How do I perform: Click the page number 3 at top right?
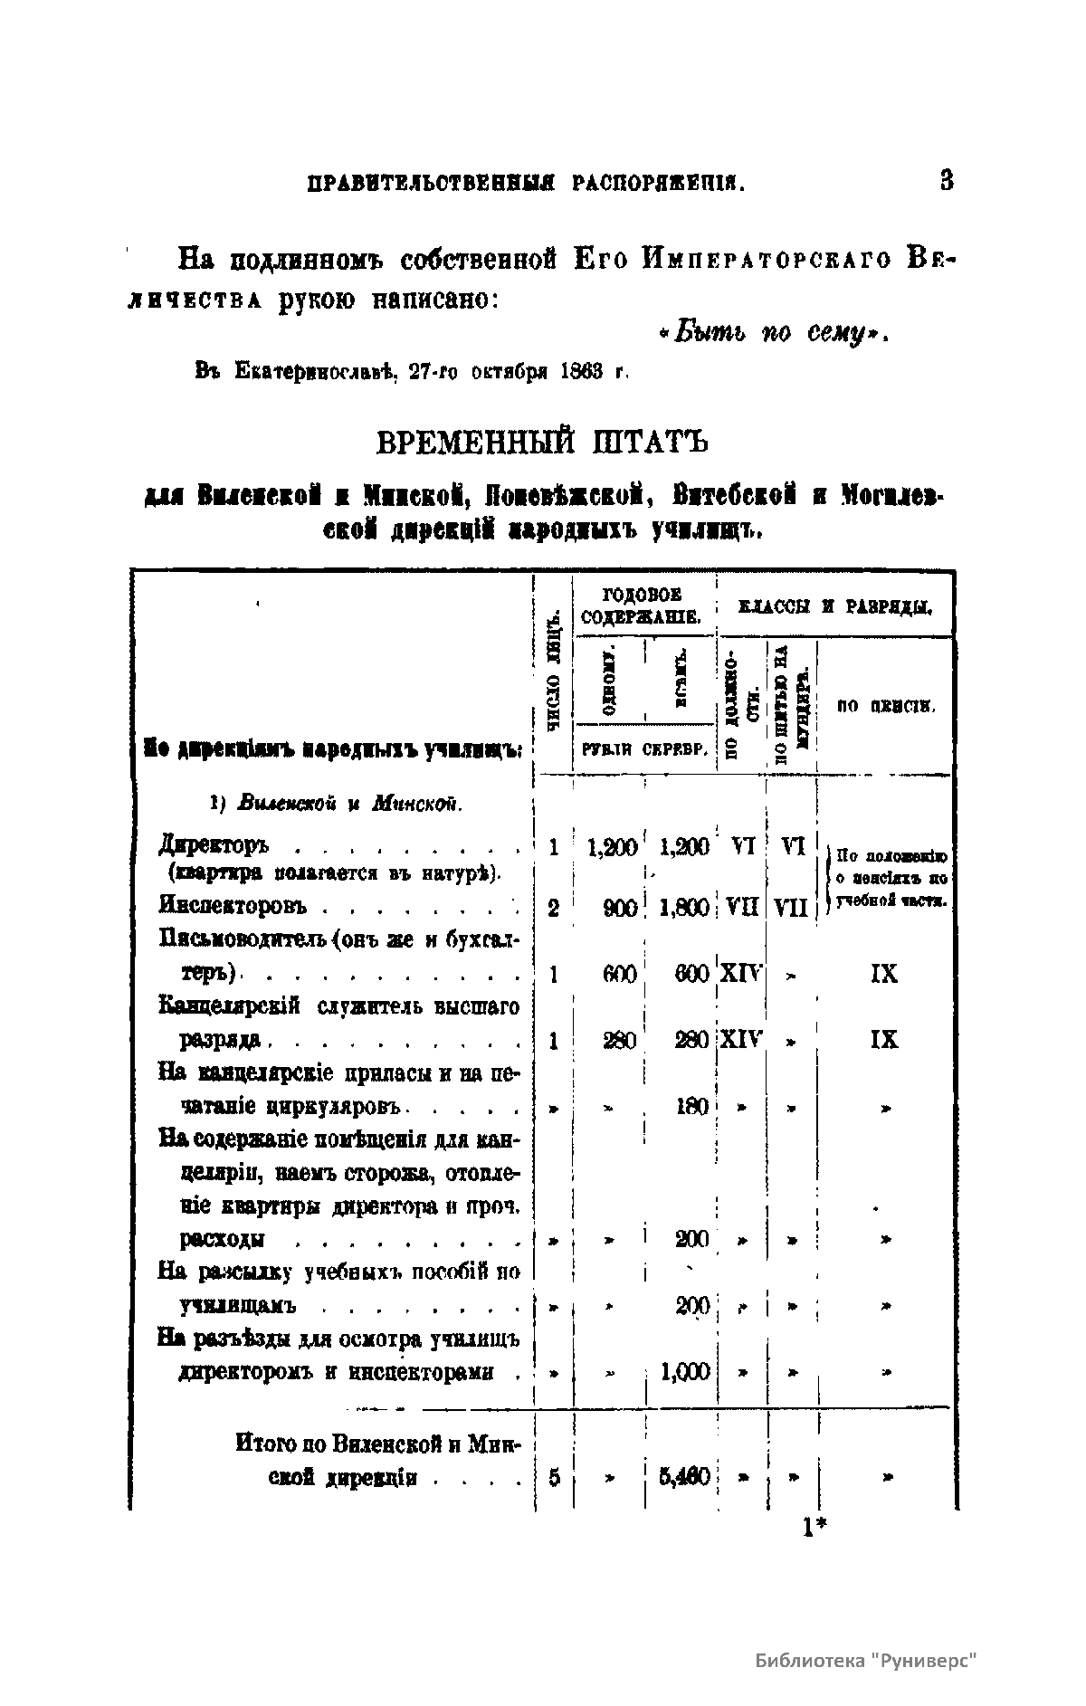(x=947, y=180)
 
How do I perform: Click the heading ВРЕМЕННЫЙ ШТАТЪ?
(x=541, y=443)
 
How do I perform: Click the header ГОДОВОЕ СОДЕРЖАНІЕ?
(x=643, y=606)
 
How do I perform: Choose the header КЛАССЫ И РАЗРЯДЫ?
(x=837, y=607)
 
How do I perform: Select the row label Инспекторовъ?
(x=233, y=906)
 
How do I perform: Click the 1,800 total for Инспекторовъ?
(x=683, y=908)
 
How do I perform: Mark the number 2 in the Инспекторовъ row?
(x=553, y=908)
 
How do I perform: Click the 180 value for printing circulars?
(x=692, y=1106)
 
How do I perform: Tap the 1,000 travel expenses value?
(x=685, y=1372)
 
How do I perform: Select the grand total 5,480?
(x=684, y=1478)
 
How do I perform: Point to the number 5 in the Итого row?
(x=554, y=1478)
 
